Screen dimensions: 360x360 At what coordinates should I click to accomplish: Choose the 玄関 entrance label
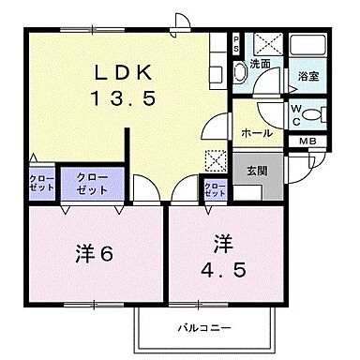(258, 170)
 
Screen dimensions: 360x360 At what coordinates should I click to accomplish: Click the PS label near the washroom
(235, 43)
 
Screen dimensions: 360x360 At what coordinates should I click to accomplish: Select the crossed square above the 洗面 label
(262, 44)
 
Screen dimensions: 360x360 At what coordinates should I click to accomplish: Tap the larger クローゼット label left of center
(92, 183)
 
